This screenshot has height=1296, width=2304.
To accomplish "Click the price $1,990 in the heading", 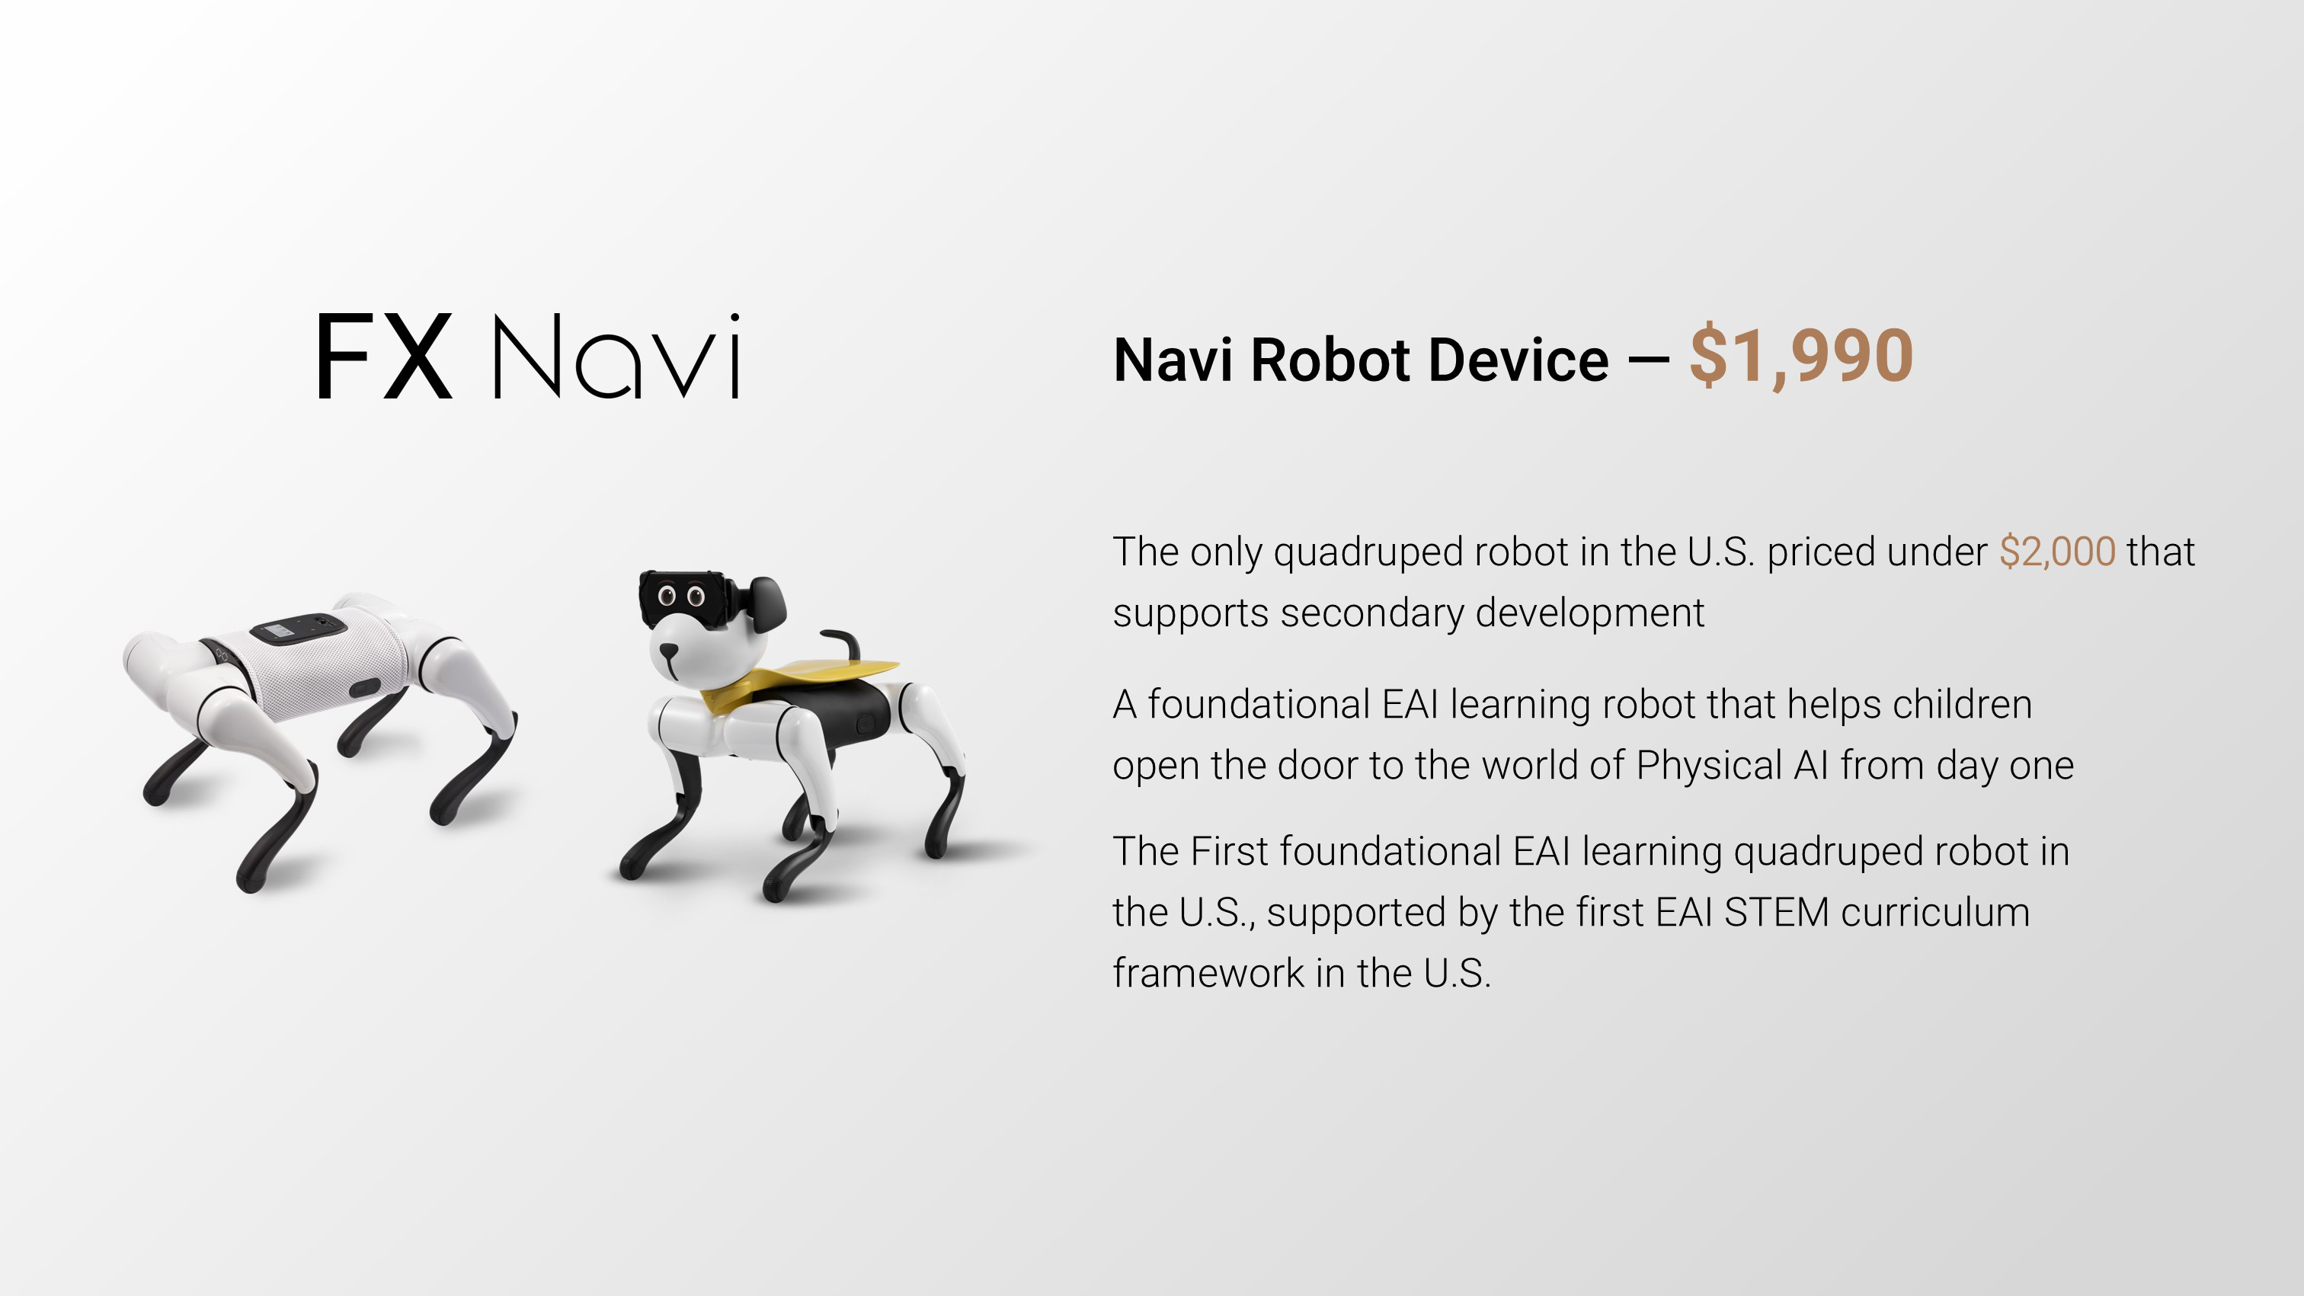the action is [x=1800, y=357].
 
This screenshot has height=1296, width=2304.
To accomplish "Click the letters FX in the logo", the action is [x=385, y=356].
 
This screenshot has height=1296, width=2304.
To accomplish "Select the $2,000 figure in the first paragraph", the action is [x=2057, y=552].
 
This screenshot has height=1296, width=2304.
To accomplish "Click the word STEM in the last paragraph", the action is [x=1776, y=912].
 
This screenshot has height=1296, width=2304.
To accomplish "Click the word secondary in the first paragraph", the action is [x=1372, y=614].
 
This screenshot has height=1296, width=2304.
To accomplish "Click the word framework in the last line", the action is [x=1208, y=973].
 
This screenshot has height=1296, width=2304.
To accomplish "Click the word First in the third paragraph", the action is [x=1229, y=852].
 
